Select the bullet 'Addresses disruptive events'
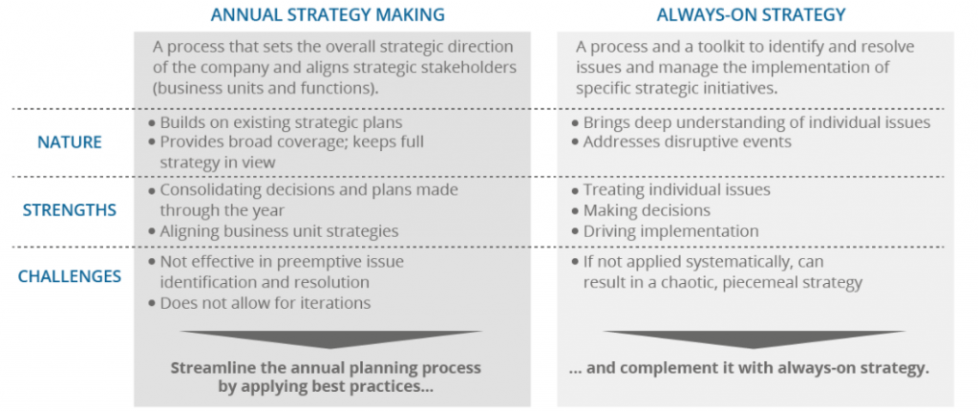click(686, 141)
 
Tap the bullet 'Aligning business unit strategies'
click(279, 231)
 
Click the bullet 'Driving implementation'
click(670, 231)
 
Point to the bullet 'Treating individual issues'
click(676, 190)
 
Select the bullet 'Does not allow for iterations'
click(265, 303)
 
